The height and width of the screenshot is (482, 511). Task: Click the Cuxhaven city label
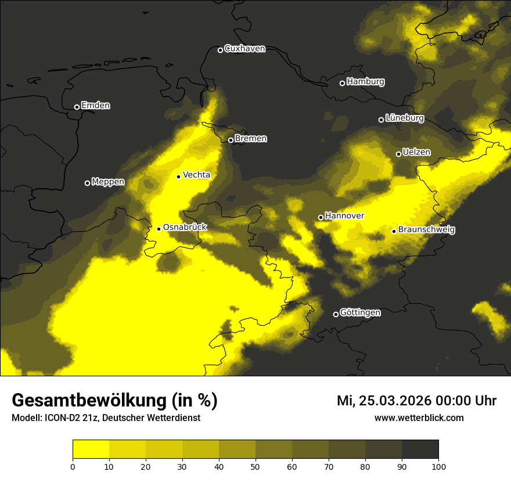tap(244, 49)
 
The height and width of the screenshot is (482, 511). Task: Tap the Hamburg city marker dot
tap(342, 83)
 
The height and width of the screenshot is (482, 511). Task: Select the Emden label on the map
tap(95, 106)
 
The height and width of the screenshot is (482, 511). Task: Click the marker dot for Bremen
tap(231, 140)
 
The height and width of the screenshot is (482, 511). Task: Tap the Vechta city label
tap(196, 175)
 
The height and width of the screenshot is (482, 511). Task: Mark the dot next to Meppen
tap(87, 183)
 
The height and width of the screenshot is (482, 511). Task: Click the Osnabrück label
tap(185, 228)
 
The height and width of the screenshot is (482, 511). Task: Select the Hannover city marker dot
tap(321, 217)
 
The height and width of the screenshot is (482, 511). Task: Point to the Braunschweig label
tap(426, 230)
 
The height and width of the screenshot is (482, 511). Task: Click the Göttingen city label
tap(360, 313)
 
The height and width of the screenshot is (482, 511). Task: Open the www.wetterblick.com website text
tap(419, 418)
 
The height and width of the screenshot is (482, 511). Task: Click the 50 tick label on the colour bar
tap(255, 466)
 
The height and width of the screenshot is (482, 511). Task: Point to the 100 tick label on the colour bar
tap(438, 466)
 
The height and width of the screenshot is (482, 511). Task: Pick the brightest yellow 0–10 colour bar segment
tap(91, 449)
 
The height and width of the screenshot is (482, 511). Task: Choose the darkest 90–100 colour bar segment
tap(420, 449)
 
